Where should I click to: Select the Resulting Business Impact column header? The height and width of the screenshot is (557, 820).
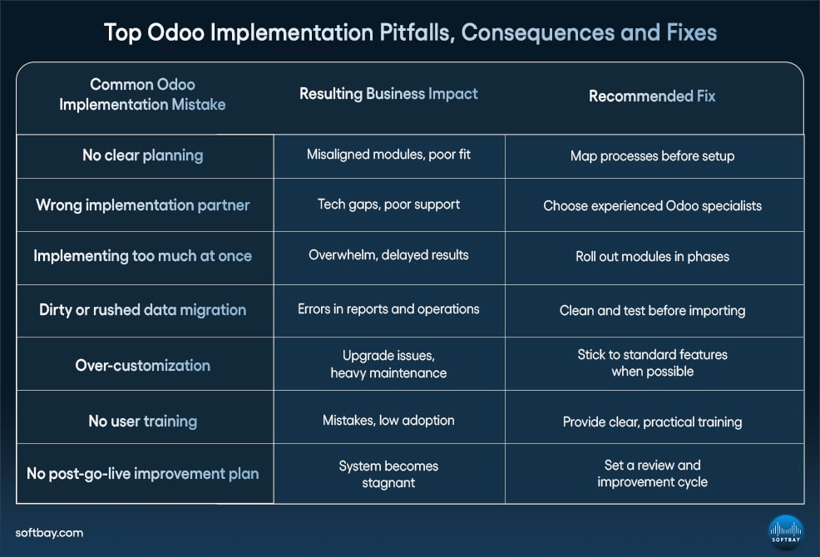click(388, 94)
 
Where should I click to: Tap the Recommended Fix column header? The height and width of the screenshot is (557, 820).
click(652, 96)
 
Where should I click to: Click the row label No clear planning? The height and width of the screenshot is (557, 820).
click(142, 155)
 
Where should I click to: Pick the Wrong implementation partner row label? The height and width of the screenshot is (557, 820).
click(142, 205)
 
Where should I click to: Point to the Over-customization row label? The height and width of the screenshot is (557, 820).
click(142, 365)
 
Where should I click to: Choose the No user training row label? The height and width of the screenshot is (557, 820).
click(142, 421)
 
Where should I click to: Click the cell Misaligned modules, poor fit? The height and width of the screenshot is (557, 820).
click(388, 155)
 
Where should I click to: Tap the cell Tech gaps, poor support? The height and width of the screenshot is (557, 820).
click(388, 205)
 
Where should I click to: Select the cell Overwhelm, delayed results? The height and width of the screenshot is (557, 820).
click(388, 255)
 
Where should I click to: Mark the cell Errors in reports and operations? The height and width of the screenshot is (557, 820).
click(388, 309)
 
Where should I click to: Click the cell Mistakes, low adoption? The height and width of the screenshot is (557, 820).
click(388, 421)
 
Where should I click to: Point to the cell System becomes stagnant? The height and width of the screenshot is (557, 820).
click(388, 474)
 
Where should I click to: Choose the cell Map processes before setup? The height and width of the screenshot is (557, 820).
click(652, 156)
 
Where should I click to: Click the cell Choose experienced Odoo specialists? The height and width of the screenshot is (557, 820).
click(652, 206)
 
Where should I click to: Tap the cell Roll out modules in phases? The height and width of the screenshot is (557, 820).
click(652, 257)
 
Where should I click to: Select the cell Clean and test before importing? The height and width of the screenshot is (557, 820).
click(652, 311)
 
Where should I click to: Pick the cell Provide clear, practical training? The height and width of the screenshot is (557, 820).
click(652, 422)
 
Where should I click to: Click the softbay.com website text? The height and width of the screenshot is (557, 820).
click(49, 533)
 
